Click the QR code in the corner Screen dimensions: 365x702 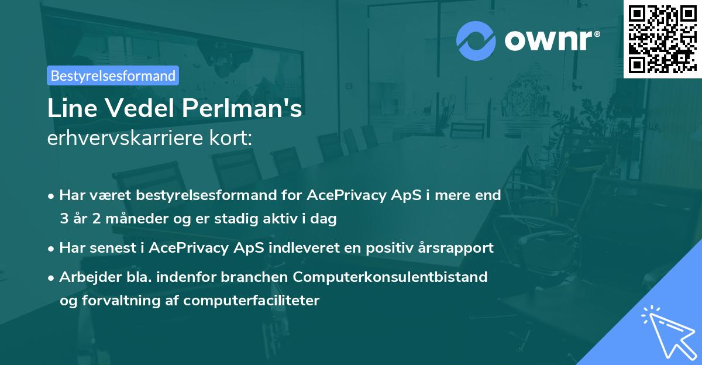662,38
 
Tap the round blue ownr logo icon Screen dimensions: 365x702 476,40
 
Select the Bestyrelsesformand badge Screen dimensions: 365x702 113,75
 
